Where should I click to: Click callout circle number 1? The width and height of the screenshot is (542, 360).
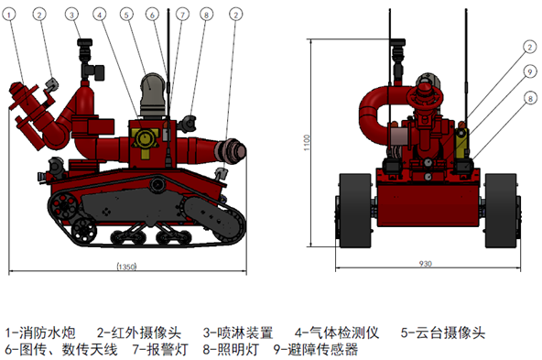pyautogui.click(x=10, y=15)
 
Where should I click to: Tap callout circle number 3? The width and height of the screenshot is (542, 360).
pyautogui.click(x=71, y=15)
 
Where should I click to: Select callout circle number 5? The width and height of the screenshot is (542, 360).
pyautogui.click(x=126, y=15)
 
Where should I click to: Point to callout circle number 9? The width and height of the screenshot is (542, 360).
pyautogui.click(x=530, y=72)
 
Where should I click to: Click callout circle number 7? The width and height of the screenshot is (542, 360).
pyautogui.click(x=182, y=15)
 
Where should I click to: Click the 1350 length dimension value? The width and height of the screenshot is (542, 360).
pyautogui.click(x=127, y=267)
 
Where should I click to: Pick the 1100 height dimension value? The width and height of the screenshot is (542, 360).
pyautogui.click(x=307, y=143)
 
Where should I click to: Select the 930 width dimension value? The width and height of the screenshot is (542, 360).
pyautogui.click(x=426, y=264)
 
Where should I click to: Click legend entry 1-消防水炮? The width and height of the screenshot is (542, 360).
pyautogui.click(x=40, y=333)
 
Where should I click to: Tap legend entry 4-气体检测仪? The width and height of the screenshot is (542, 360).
pyautogui.click(x=337, y=333)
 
